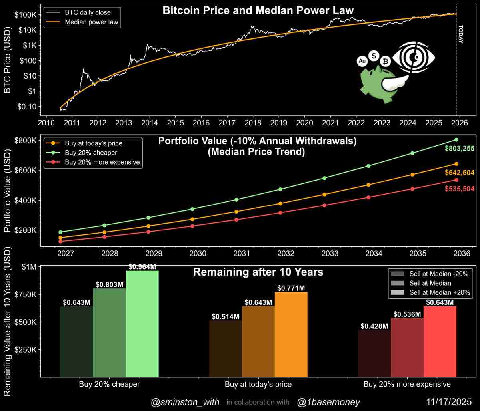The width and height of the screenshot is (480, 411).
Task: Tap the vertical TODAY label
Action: [460, 35]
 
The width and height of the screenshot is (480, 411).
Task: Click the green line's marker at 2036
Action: [456, 139]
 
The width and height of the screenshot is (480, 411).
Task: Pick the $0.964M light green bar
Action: [142, 324]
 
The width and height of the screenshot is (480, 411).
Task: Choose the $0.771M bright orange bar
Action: [291, 334]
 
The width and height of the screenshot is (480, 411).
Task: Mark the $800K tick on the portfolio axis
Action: [25, 140]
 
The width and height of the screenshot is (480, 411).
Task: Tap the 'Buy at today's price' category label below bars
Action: [258, 385]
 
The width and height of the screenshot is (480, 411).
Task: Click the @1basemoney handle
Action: [328, 402]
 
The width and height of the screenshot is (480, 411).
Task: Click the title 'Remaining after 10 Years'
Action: [258, 272]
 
